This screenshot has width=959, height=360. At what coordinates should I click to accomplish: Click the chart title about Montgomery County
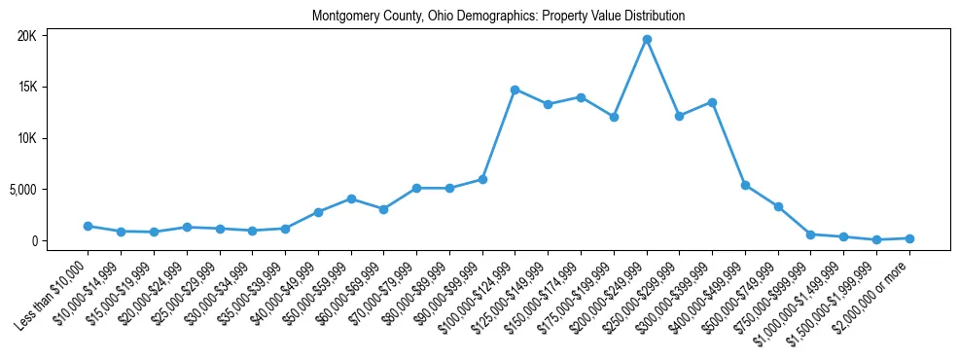click(x=498, y=17)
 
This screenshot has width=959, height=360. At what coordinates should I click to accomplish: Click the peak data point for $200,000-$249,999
click(x=647, y=39)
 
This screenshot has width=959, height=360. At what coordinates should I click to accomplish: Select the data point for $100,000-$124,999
click(x=515, y=90)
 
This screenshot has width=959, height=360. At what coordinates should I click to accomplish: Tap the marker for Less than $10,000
click(x=89, y=226)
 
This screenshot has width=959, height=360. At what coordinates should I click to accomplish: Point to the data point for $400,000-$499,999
click(x=745, y=185)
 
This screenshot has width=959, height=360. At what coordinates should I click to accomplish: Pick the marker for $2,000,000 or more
click(x=909, y=238)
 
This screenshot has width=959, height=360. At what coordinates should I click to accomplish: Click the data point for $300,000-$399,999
click(x=712, y=102)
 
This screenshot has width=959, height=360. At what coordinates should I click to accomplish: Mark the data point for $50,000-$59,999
click(x=351, y=198)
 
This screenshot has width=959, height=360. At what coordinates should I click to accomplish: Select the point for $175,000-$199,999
click(x=614, y=117)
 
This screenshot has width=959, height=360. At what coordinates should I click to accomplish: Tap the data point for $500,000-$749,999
click(x=778, y=206)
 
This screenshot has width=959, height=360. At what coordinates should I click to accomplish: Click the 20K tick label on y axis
click(x=27, y=36)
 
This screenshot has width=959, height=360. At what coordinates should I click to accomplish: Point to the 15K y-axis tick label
click(x=27, y=88)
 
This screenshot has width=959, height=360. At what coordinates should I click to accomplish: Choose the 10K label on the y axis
click(x=27, y=138)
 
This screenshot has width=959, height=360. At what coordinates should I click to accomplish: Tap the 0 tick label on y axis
click(x=33, y=240)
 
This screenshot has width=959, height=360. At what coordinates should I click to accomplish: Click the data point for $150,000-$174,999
click(x=581, y=97)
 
